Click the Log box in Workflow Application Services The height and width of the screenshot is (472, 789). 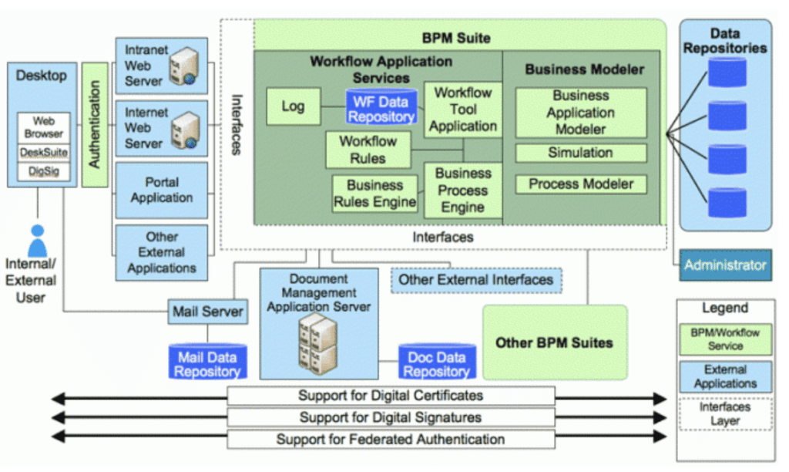pos(293,106)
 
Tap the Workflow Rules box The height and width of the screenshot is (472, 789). pos(368,150)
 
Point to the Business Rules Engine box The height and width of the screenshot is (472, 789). pos(375,194)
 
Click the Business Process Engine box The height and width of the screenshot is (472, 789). pos(462,190)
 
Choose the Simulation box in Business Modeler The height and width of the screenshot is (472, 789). pos(580,153)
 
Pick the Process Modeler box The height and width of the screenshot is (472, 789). pos(580,184)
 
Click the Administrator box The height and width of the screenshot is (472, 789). pos(725,265)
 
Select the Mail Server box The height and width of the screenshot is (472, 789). pos(207,312)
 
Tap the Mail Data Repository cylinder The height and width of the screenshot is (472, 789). pos(207,363)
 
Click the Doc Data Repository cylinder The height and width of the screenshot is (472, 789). pos(436,362)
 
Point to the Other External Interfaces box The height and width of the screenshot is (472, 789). pos(475,280)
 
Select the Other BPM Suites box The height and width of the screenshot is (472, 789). pos(554,342)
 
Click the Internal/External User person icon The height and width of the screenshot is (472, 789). pos(37,241)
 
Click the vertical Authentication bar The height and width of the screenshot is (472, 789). pos(95,124)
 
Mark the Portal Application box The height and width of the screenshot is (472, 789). pos(161,190)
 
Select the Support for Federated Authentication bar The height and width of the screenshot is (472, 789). pos(391,440)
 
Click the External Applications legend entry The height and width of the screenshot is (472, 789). pos(725,376)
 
